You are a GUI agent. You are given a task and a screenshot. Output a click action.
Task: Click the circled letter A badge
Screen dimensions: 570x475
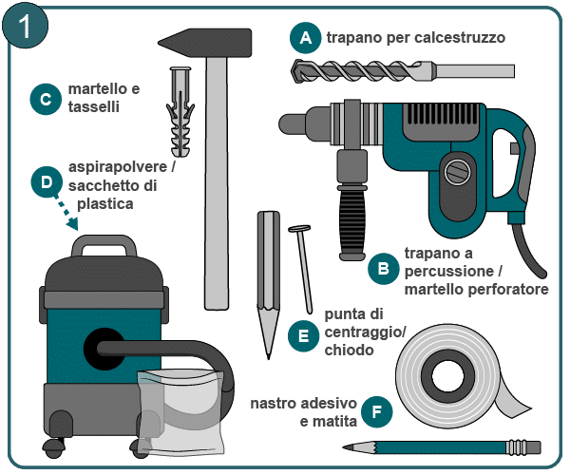click(305, 37)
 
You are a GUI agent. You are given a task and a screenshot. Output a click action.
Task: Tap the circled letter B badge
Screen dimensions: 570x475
click(383, 269)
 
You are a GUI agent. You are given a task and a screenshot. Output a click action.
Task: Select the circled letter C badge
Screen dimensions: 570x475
click(46, 99)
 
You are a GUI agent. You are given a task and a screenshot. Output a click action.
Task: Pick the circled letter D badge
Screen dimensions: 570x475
click(47, 182)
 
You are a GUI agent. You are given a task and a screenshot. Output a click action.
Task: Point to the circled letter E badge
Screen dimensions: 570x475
click(304, 335)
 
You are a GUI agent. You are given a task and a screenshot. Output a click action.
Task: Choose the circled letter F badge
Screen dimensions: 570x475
click(377, 411)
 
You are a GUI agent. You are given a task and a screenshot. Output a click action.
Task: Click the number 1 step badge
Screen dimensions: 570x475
click(25, 26)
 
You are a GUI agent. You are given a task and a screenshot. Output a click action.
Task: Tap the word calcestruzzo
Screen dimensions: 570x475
click(460, 38)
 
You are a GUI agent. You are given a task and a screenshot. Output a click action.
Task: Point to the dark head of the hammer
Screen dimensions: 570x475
click(204, 43)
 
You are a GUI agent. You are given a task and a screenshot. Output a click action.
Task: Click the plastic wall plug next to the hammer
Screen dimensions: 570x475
click(180, 111)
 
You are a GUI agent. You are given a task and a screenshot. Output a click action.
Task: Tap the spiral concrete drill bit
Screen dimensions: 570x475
click(403, 71)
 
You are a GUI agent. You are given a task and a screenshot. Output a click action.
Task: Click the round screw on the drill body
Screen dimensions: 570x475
click(458, 172)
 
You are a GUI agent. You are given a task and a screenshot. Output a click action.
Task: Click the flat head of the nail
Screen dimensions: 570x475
click(299, 229)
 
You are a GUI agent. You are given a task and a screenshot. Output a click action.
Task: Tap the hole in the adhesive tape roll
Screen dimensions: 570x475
click(448, 376)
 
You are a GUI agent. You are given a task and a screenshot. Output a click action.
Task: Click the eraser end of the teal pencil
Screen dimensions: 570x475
click(536, 447)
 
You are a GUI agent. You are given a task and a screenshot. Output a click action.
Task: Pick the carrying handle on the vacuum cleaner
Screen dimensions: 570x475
click(104, 244)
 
